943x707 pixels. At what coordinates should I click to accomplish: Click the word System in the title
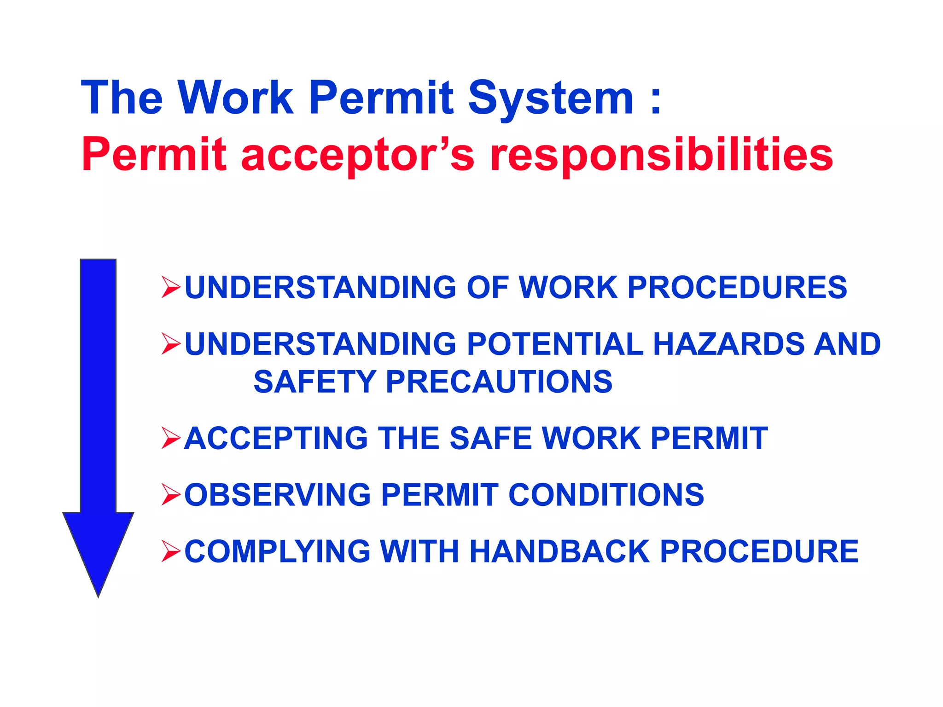[551, 99]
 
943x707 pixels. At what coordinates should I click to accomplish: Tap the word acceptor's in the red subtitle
[357, 155]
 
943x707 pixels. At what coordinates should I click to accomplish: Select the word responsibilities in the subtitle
[662, 155]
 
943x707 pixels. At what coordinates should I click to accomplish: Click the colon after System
[656, 99]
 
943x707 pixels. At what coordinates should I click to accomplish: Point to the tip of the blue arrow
[98, 595]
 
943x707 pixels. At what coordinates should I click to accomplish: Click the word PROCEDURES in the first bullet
[737, 288]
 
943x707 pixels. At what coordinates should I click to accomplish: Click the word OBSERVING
[278, 495]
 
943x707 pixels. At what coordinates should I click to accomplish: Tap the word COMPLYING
[278, 551]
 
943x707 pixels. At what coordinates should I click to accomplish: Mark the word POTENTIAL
[555, 344]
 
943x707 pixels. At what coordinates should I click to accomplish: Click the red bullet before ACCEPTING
[171, 438]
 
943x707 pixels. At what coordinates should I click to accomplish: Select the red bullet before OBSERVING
[171, 494]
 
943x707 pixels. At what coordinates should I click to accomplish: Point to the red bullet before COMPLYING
[171, 551]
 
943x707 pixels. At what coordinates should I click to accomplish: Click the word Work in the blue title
[235, 98]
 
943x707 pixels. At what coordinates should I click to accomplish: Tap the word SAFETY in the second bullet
[315, 382]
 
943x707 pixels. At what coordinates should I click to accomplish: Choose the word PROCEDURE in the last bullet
[759, 551]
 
